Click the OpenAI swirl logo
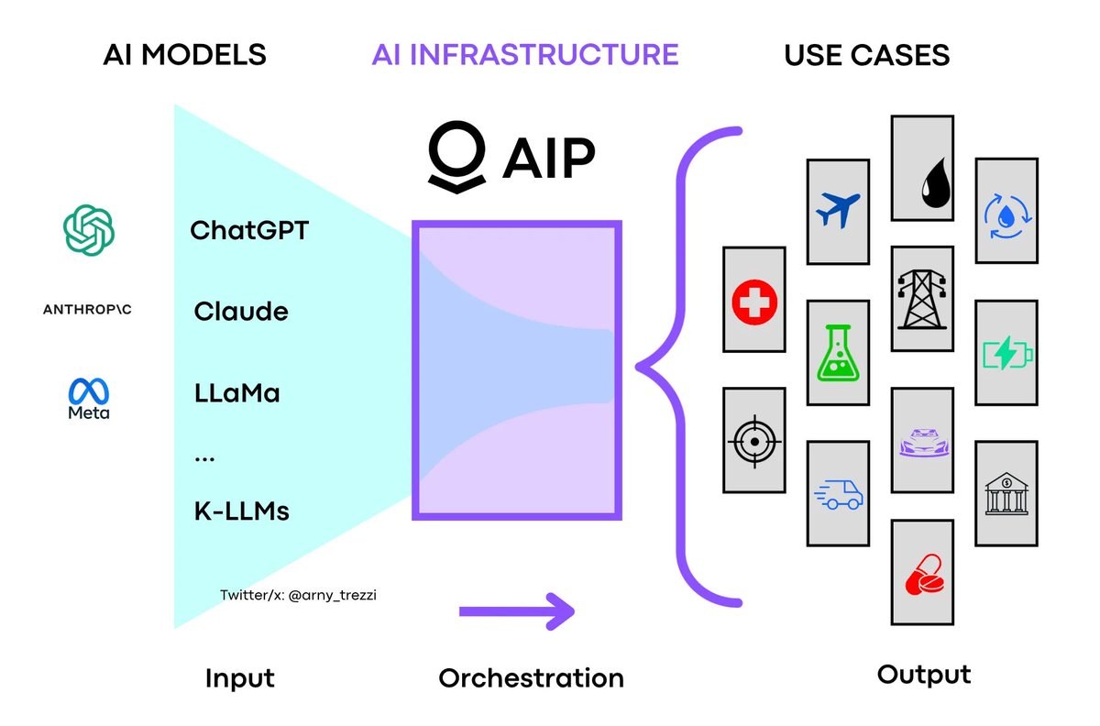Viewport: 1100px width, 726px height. (89, 229)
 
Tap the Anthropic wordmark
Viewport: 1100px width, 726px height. (88, 310)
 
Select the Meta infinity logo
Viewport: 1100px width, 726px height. (89, 393)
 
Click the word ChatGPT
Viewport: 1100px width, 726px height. (249, 229)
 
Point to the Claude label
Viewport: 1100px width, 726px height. (241, 312)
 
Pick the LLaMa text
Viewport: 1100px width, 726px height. (237, 394)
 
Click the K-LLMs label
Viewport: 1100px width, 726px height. (242, 511)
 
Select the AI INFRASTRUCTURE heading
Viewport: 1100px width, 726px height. (525, 54)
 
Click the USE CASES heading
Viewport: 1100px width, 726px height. (866, 55)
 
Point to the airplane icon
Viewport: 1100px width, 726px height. (837, 212)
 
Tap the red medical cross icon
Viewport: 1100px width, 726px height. (753, 300)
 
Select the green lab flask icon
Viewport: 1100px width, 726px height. (837, 353)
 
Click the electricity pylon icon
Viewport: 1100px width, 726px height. (922, 299)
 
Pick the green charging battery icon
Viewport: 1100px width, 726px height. (1006, 352)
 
